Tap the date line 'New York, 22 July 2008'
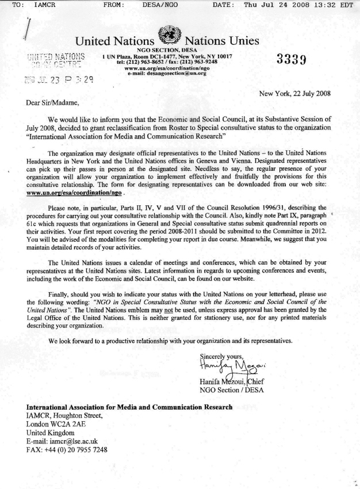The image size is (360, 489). click(x=295, y=93)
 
